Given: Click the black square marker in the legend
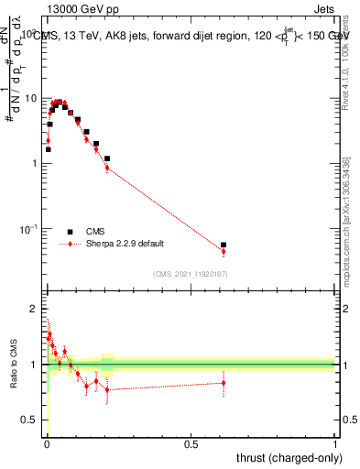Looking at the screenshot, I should [x=70, y=232].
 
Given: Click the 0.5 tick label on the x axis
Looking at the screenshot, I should [x=191, y=444].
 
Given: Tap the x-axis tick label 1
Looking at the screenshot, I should [x=335, y=444].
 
